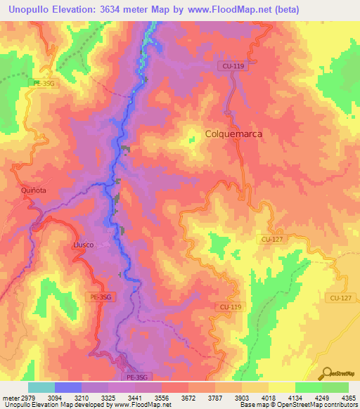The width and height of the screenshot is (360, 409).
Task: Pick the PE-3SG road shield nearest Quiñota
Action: coord(44,82)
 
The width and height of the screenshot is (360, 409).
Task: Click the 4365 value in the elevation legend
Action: coord(347,397)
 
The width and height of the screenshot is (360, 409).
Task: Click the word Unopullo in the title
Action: coord(39,10)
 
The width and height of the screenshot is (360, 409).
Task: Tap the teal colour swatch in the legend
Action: coord(41,387)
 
